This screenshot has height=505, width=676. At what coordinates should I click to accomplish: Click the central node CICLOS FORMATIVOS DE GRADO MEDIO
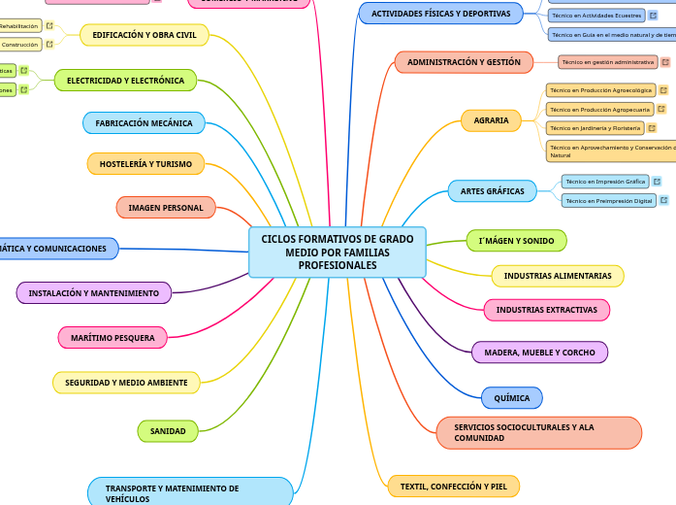[337, 252]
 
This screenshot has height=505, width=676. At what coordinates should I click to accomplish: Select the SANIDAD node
[168, 430]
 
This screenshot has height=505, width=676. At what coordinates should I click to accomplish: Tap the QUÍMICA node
[512, 398]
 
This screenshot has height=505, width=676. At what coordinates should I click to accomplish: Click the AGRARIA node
[491, 120]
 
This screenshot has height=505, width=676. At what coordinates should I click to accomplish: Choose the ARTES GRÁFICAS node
[492, 191]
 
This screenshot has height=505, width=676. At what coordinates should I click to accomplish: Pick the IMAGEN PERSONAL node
[166, 208]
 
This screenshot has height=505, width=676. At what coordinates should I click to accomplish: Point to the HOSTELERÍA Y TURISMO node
[145, 164]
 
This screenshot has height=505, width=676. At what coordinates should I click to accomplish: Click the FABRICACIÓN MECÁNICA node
[145, 123]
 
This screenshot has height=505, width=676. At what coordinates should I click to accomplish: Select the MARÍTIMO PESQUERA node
[113, 337]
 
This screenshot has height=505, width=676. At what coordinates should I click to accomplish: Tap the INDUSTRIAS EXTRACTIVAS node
[546, 310]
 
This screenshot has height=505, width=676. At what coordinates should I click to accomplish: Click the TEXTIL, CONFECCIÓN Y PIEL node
[453, 486]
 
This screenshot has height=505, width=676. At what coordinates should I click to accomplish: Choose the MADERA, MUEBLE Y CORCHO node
[539, 353]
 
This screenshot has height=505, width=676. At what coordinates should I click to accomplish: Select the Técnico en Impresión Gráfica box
[605, 182]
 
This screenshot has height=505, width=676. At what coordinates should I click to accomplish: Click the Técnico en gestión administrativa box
[608, 62]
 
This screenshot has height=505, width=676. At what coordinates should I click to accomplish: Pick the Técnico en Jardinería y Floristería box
[595, 128]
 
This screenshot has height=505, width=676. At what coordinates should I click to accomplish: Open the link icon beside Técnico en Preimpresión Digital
[666, 201]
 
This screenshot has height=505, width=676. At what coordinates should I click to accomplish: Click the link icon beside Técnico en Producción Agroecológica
[663, 90]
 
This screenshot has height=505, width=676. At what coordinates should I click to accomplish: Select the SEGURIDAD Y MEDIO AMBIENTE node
[126, 383]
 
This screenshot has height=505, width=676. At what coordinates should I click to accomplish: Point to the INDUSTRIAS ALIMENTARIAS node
[558, 276]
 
